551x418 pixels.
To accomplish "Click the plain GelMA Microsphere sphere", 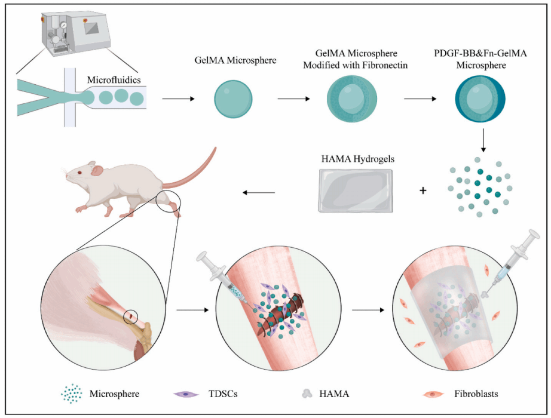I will click(x=232, y=98).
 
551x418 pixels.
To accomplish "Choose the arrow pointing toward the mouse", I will click(x=259, y=192).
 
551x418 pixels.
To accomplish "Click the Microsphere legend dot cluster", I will click(x=71, y=394).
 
